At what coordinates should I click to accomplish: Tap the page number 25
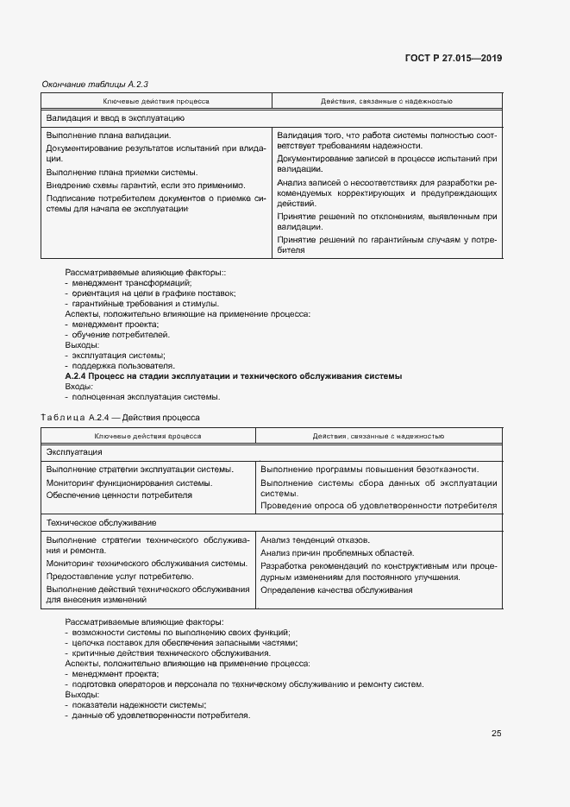(496, 734)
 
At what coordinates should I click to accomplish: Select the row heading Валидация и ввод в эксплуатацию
(115, 117)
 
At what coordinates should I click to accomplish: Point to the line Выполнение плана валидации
(108, 135)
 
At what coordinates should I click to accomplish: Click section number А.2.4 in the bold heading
(80, 376)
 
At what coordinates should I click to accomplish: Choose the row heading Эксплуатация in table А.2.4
(74, 451)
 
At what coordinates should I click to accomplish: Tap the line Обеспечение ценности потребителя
(119, 495)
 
